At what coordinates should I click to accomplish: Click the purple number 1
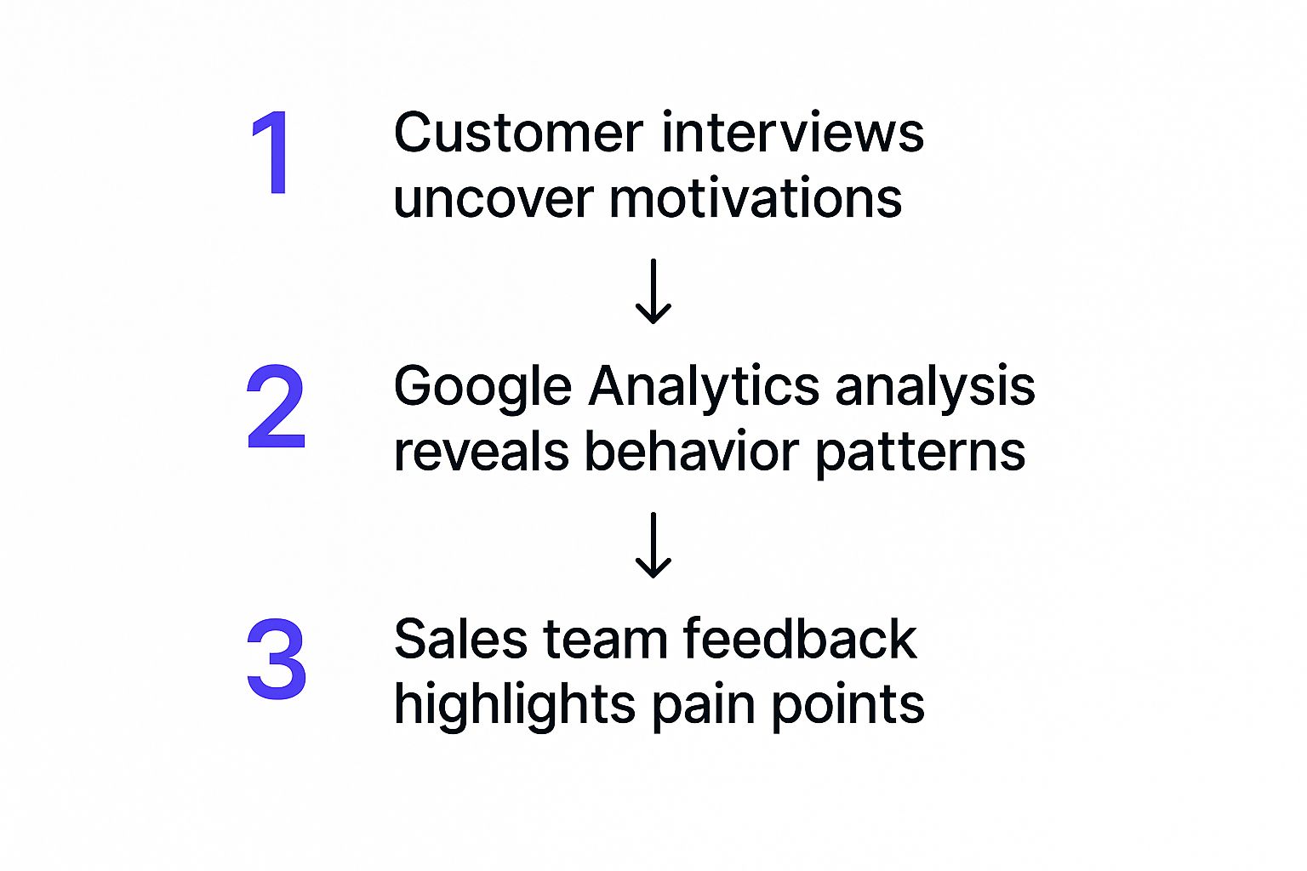click(272, 153)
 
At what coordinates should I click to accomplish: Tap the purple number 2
click(275, 407)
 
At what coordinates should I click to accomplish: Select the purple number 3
click(276, 659)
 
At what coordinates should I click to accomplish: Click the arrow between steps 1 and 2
click(653, 292)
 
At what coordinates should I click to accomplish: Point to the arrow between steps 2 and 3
click(653, 545)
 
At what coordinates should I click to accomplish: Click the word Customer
click(518, 134)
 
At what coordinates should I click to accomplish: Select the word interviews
click(792, 134)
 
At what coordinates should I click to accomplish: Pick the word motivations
click(756, 199)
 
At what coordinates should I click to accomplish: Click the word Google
click(482, 388)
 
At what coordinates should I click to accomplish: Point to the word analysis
click(935, 388)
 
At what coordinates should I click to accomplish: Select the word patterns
click(921, 453)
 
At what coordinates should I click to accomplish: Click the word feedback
click(799, 640)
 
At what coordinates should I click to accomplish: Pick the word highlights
click(515, 706)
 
